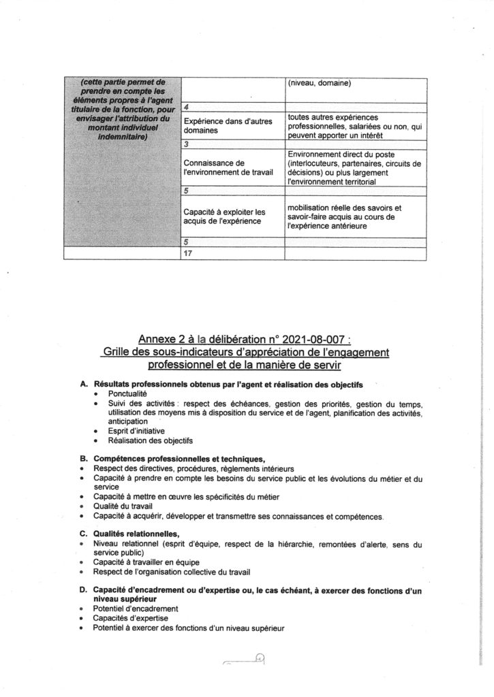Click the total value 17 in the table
[189, 254]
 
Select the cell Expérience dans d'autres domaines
[217, 127]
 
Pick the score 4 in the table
[187, 108]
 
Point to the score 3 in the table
[187, 145]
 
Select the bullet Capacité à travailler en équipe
[142, 562]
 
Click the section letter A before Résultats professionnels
[83, 385]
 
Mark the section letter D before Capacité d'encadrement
[83, 589]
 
